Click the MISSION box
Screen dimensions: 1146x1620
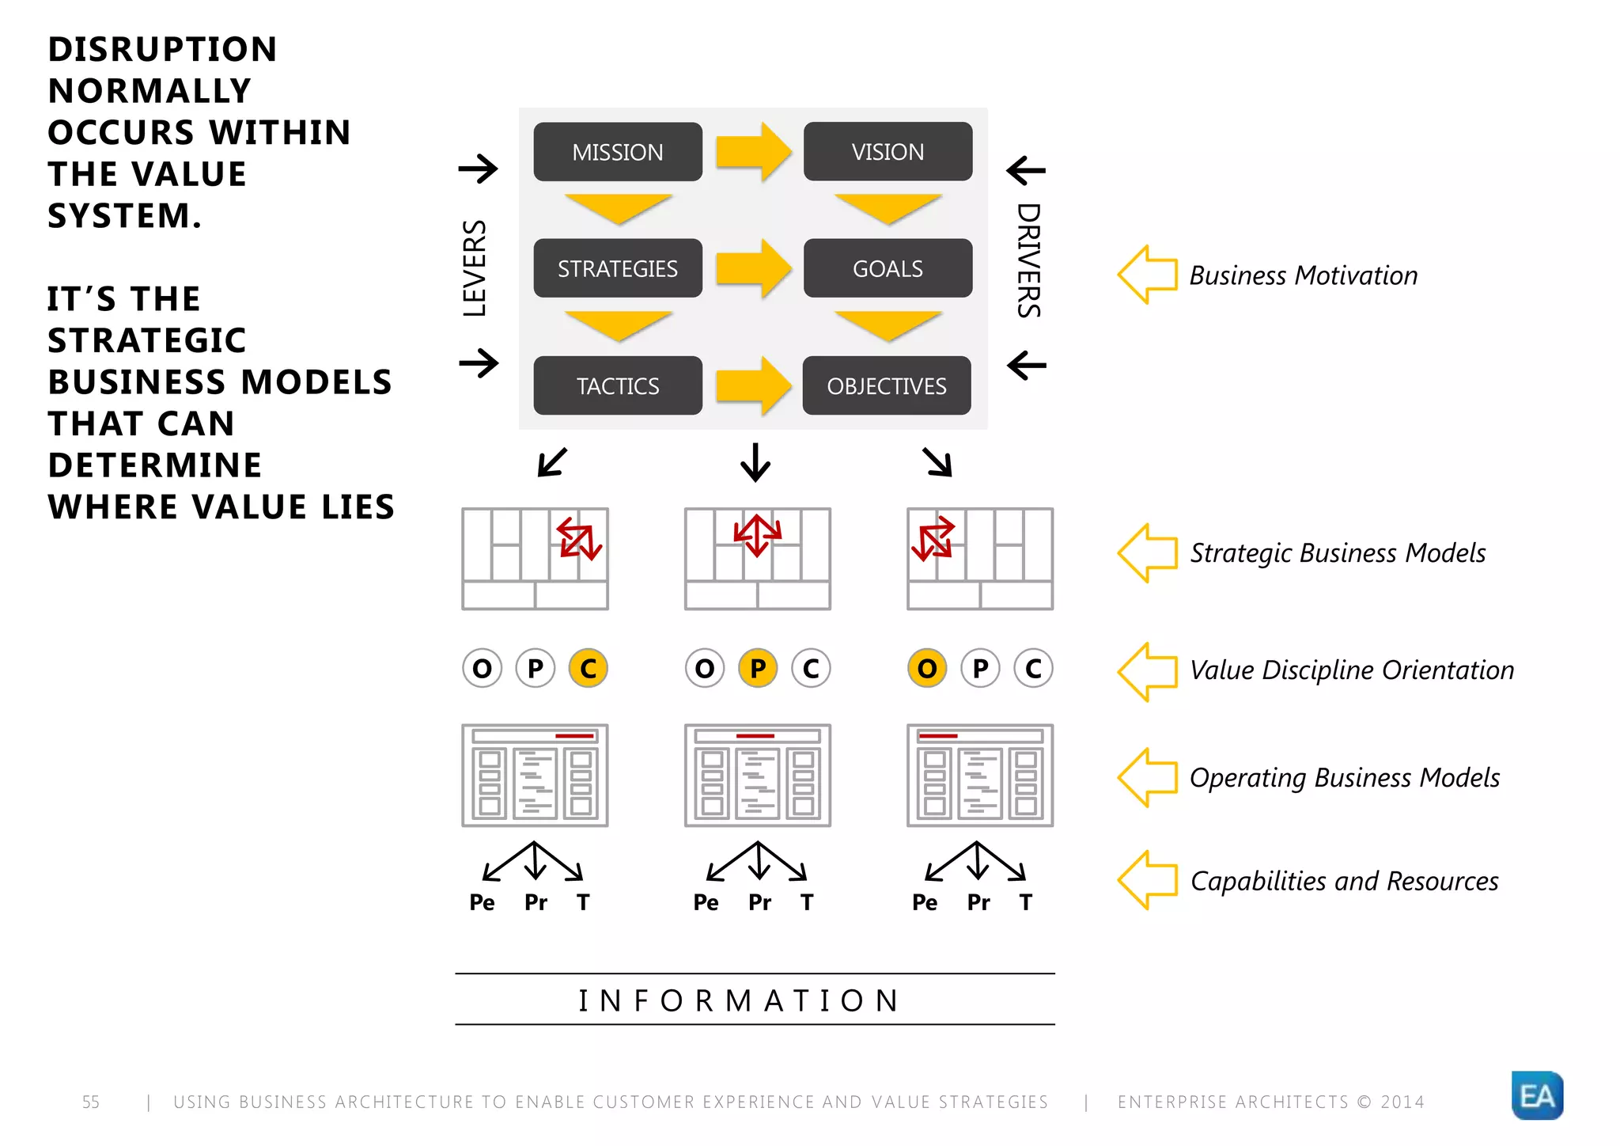[x=617, y=152]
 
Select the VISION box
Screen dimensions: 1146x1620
[x=888, y=152]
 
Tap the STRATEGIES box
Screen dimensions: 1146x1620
[x=617, y=268]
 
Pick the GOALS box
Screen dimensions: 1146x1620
[x=888, y=268]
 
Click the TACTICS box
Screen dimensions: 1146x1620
[x=617, y=385]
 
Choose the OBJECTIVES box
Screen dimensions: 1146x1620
[x=886, y=385]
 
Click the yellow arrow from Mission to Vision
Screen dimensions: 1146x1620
[x=752, y=151]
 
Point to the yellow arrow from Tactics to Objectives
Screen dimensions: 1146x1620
[x=752, y=385]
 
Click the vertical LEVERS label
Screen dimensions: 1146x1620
[x=475, y=268]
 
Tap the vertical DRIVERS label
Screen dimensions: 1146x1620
[x=1028, y=261]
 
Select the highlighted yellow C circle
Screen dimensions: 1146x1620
[x=588, y=669]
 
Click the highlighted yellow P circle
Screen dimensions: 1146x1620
[x=758, y=669]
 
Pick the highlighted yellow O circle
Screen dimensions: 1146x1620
[x=927, y=669]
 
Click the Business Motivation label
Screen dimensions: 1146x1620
[x=1303, y=275]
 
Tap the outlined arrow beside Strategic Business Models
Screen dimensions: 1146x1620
[x=1148, y=552]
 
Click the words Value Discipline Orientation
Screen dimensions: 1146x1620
[x=1351, y=670]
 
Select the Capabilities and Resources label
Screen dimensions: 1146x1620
[x=1344, y=881]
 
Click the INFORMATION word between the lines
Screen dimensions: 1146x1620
[x=740, y=1000]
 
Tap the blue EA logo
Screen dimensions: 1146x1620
[x=1536, y=1095]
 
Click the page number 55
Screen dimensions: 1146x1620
[x=91, y=1102]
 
